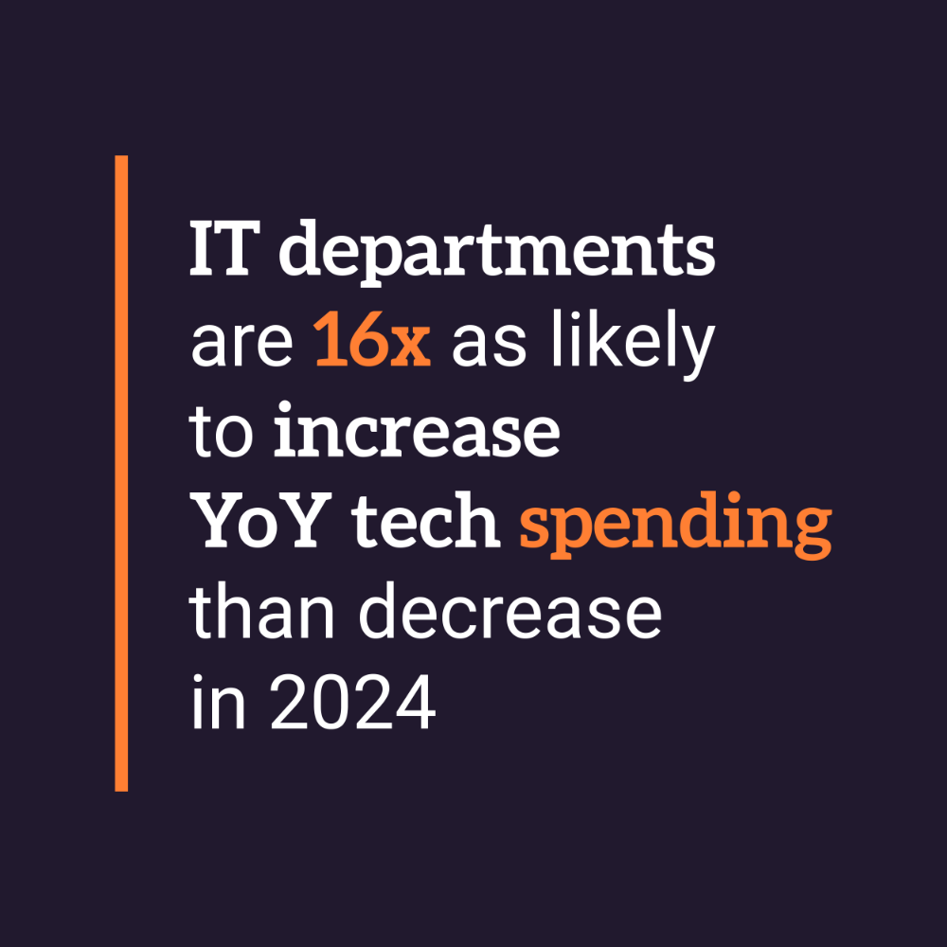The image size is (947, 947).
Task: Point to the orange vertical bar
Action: coord(121,473)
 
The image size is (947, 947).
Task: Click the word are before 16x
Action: coord(243,347)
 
